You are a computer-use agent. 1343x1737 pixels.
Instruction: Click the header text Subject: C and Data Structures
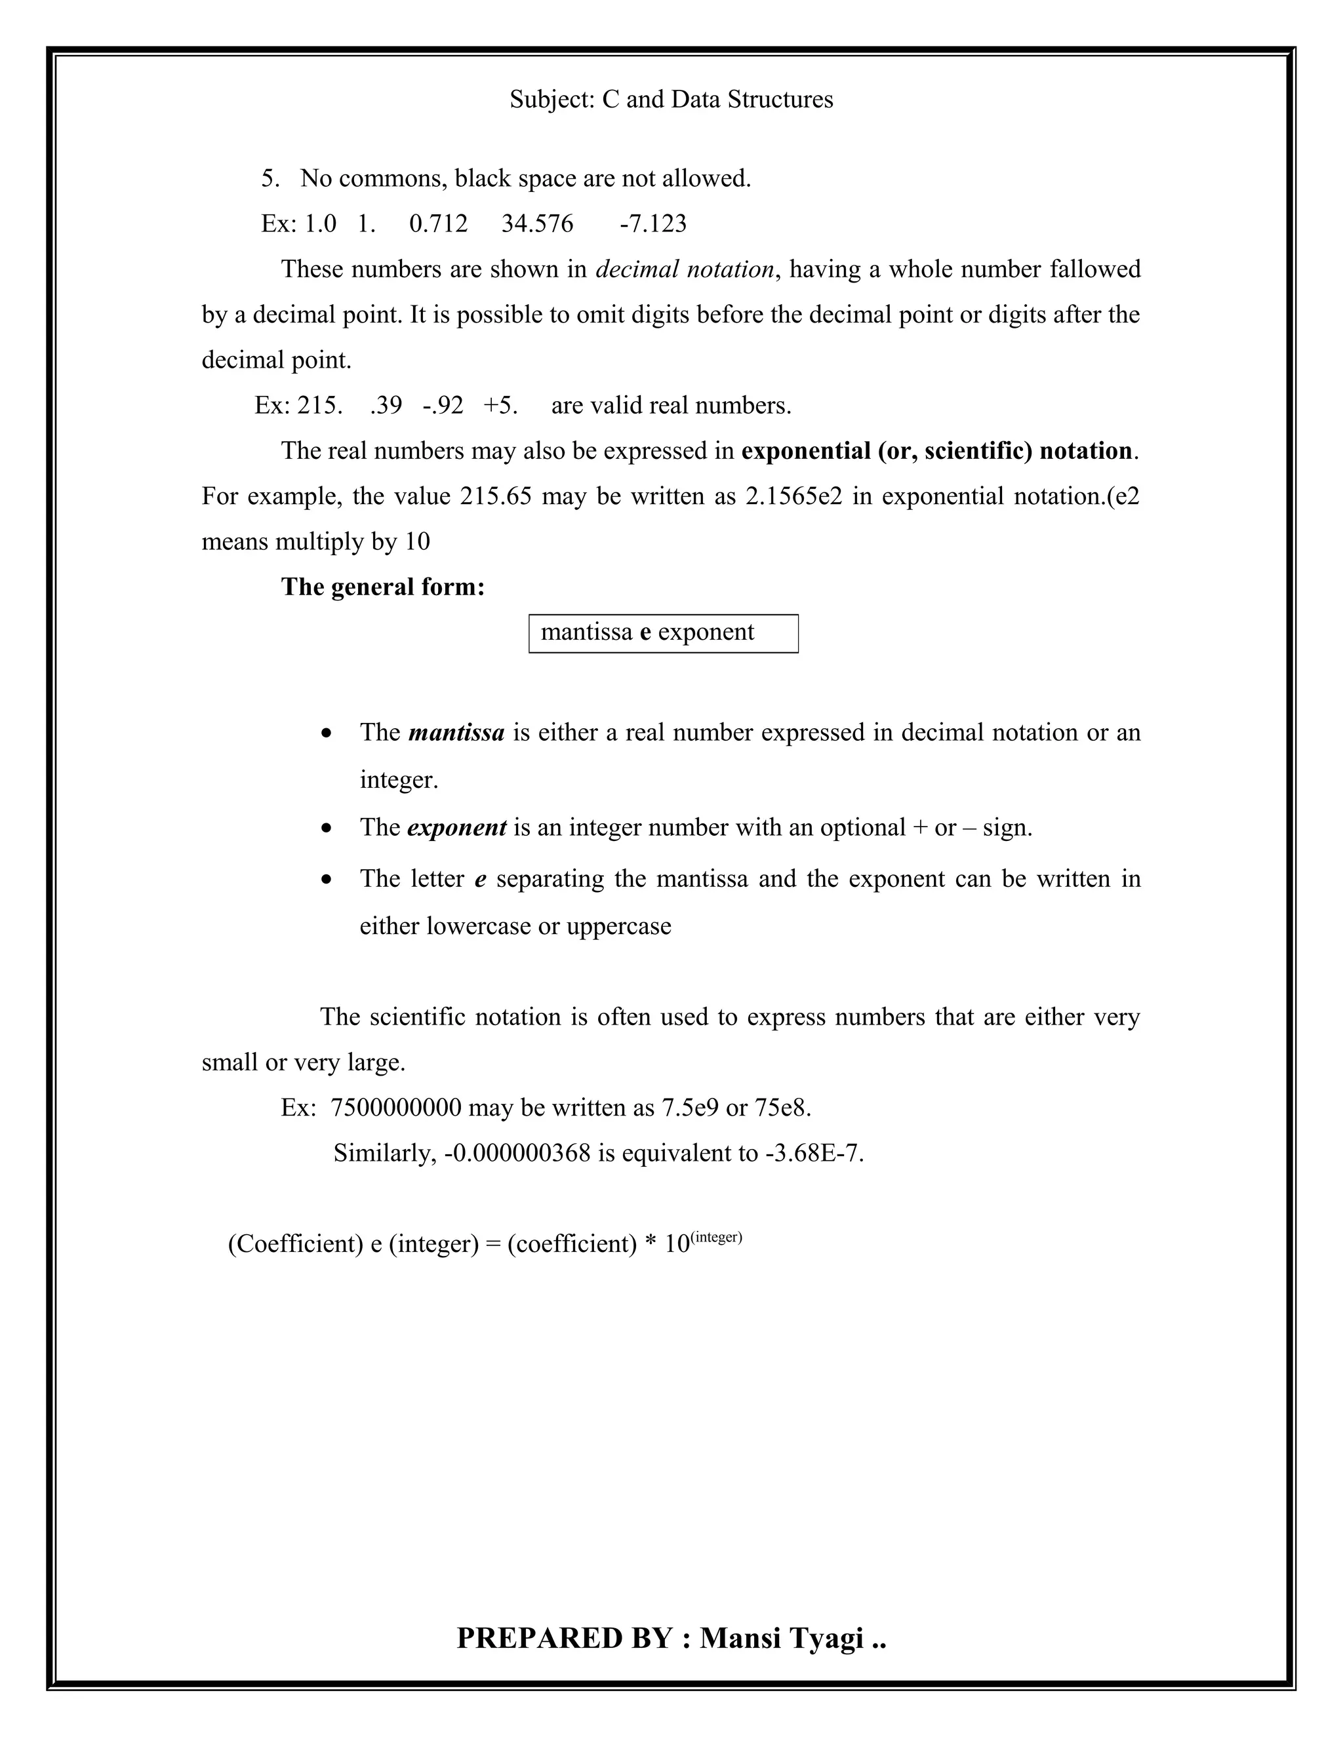coord(671,100)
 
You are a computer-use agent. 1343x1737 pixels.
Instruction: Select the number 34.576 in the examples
coord(536,224)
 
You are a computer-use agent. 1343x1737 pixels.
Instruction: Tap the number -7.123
coord(652,224)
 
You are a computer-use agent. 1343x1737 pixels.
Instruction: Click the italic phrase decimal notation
coord(684,269)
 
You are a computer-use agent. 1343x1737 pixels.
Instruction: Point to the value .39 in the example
coord(386,406)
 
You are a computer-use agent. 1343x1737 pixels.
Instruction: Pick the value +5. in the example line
coord(500,406)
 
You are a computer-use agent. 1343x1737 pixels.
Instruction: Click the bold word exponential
coord(805,451)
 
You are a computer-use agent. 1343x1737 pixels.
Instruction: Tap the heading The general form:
coord(383,587)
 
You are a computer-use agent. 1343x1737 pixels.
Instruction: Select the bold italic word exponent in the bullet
coord(456,828)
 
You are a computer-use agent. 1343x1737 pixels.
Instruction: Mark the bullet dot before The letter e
coord(326,880)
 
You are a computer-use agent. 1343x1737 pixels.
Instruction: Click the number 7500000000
coord(395,1108)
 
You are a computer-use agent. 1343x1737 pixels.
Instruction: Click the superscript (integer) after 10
coord(716,1237)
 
